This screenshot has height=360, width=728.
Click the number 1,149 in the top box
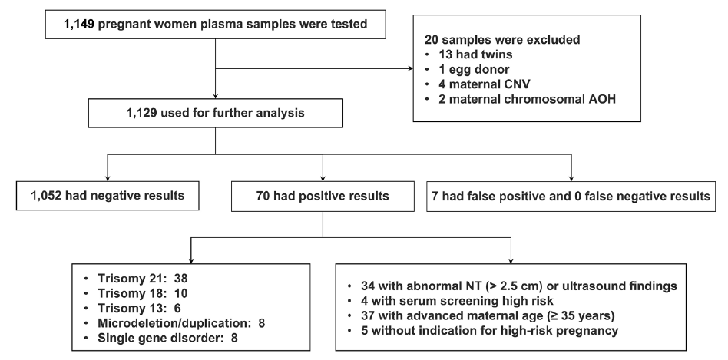[x=79, y=24]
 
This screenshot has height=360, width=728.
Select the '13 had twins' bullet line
[x=476, y=54]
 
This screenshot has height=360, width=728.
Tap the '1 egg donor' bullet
[x=474, y=69]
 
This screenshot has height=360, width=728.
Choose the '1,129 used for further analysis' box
[x=216, y=113]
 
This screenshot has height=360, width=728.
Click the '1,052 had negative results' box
[x=108, y=196]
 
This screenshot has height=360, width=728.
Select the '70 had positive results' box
[x=323, y=197]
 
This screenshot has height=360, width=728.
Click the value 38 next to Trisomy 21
[x=180, y=279]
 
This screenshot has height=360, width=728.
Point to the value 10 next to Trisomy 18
[x=181, y=293]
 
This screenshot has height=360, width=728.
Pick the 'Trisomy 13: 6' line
[x=139, y=308]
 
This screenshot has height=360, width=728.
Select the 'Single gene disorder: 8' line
[x=167, y=337]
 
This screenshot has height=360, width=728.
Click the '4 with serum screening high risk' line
[x=458, y=301]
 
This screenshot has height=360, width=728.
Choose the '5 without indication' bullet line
[x=490, y=331]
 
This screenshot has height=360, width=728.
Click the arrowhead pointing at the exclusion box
[x=410, y=68]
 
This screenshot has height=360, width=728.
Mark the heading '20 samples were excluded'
[x=502, y=39]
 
